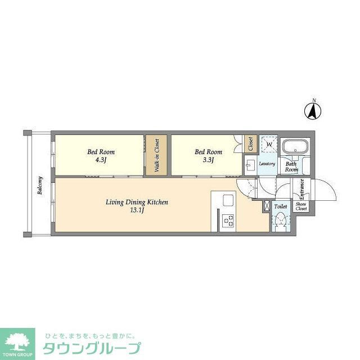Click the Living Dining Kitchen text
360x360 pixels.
[x=137, y=202]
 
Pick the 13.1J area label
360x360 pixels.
[x=137, y=210]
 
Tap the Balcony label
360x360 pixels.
[x=40, y=186]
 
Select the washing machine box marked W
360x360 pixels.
[x=269, y=145]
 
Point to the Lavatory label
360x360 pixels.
[x=267, y=164]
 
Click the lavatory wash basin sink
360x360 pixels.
[x=250, y=164]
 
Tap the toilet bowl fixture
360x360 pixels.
[x=281, y=221]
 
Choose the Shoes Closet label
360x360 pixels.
[x=301, y=206]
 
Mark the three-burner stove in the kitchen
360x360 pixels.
[x=228, y=220]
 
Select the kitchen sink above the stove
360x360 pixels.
[x=228, y=200]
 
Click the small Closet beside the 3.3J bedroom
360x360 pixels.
[x=250, y=144]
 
